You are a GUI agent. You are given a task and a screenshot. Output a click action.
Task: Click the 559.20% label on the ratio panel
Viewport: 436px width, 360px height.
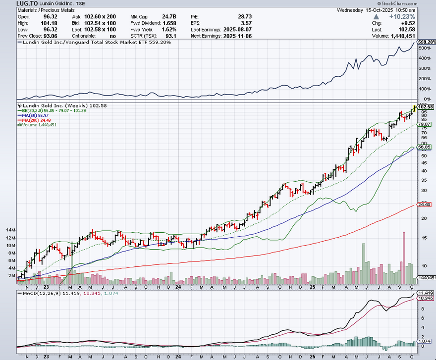[427, 43]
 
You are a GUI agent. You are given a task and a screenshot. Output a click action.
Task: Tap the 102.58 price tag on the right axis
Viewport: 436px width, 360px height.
[426, 107]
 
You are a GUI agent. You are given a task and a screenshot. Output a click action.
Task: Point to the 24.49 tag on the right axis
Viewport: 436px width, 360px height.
[423, 205]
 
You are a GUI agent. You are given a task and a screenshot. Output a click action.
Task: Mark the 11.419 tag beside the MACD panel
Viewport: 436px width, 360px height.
[426, 293]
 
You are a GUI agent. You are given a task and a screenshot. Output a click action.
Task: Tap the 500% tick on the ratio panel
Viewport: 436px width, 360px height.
[424, 48]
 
